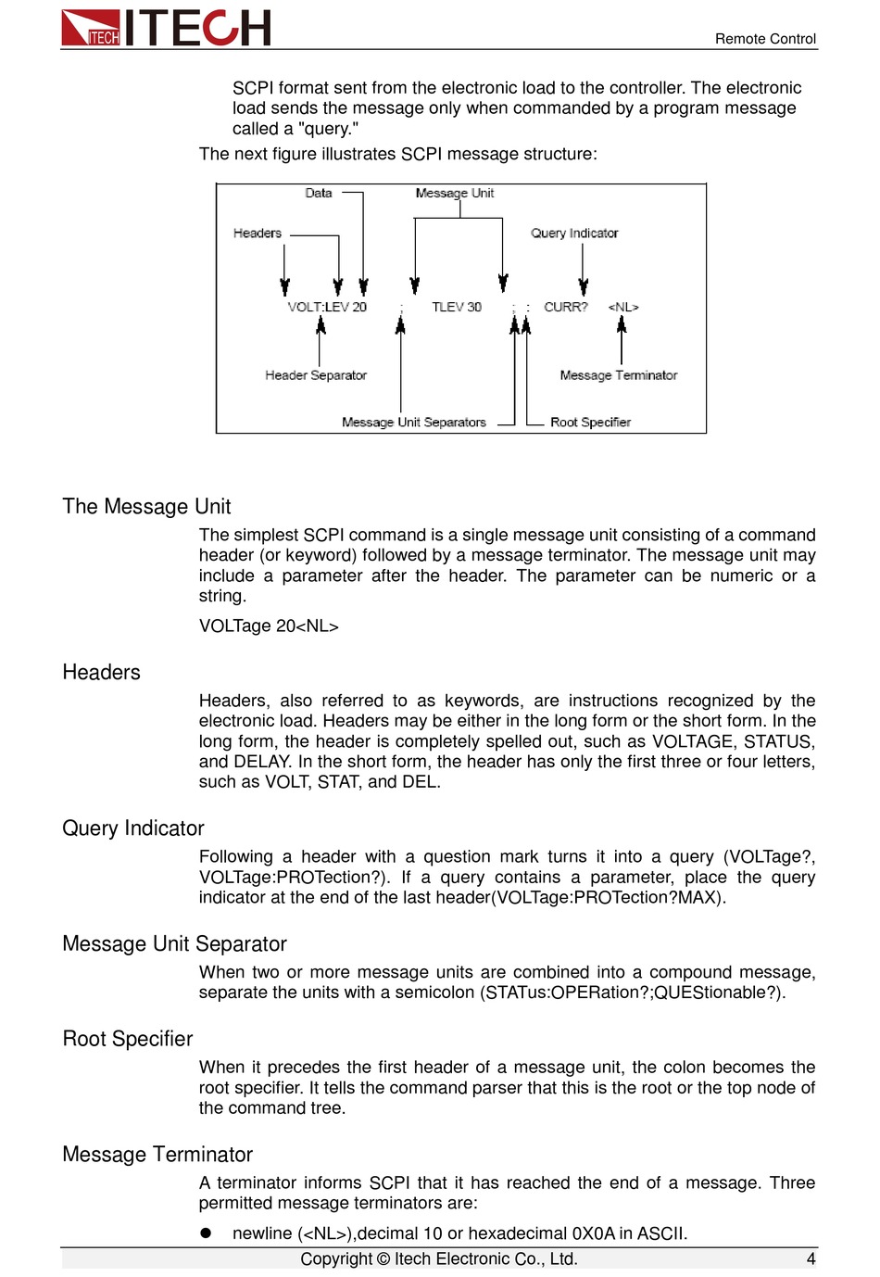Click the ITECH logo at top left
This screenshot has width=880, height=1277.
pos(166,28)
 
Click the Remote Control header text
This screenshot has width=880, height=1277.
pos(765,39)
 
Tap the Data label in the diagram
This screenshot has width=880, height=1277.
pos(319,194)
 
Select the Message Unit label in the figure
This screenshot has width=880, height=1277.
pos(454,194)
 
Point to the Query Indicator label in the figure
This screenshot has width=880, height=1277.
pos(574,234)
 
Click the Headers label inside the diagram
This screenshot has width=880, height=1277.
pos(258,234)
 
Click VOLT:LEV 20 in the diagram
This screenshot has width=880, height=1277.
pos(327,307)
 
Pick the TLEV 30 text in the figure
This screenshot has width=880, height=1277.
pos(457,307)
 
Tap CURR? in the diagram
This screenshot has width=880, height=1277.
pos(566,307)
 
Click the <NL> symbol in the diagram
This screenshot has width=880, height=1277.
pos(623,307)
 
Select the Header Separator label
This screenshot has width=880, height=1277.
pos(316,375)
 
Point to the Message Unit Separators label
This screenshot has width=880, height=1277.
pos(414,423)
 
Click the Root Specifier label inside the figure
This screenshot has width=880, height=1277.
pos(590,423)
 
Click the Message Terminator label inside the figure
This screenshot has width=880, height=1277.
pos(619,375)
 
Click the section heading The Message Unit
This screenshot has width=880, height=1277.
pos(146,507)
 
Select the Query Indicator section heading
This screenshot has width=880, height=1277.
pos(133,828)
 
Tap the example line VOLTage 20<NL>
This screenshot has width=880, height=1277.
pos(269,626)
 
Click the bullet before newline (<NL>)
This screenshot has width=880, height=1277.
pos(207,1233)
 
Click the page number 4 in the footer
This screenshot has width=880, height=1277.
pos(811,1258)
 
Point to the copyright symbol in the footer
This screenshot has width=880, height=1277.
pos(383,1259)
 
